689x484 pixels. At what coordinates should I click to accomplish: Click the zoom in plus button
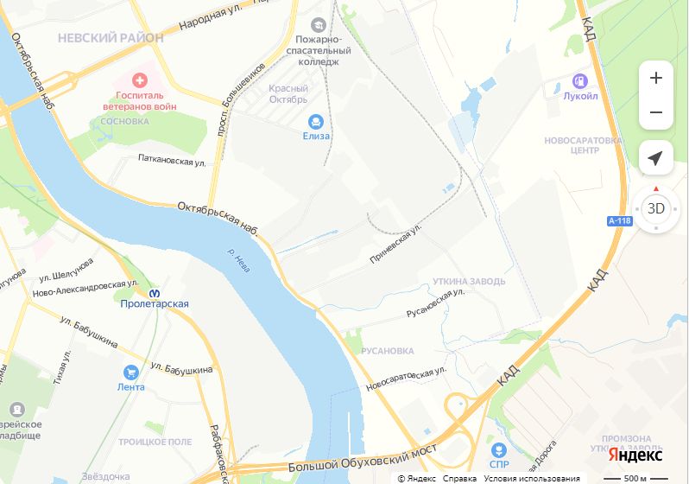pyautogui.click(x=655, y=79)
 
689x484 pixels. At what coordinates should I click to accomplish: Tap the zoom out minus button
pyautogui.click(x=655, y=112)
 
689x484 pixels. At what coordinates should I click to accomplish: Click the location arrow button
pyautogui.click(x=655, y=158)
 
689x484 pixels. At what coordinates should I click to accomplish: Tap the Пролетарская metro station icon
pyautogui.click(x=155, y=292)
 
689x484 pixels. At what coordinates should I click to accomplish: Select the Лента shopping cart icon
pyautogui.click(x=130, y=373)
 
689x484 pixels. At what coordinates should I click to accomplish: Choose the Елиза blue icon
pyautogui.click(x=316, y=122)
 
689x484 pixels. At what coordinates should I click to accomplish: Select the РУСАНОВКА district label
pyautogui.click(x=386, y=351)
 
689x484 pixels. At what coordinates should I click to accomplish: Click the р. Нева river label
pyautogui.click(x=238, y=260)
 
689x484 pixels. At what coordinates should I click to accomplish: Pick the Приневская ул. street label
pyautogui.click(x=395, y=245)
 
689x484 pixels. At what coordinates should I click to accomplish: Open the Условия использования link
pyautogui.click(x=532, y=479)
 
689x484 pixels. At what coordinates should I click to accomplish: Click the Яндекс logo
pyautogui.click(x=635, y=455)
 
